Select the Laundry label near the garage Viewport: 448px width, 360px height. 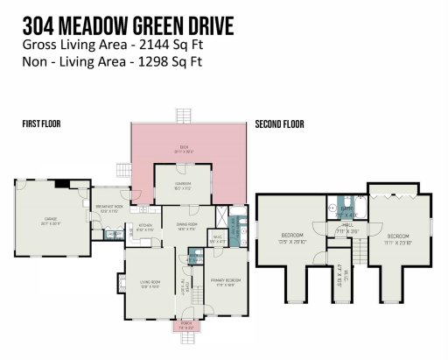(x=113, y=233)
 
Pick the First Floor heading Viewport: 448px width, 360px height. (x=41, y=125)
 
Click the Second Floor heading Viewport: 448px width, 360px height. (x=279, y=125)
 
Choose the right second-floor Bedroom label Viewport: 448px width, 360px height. (x=398, y=237)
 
